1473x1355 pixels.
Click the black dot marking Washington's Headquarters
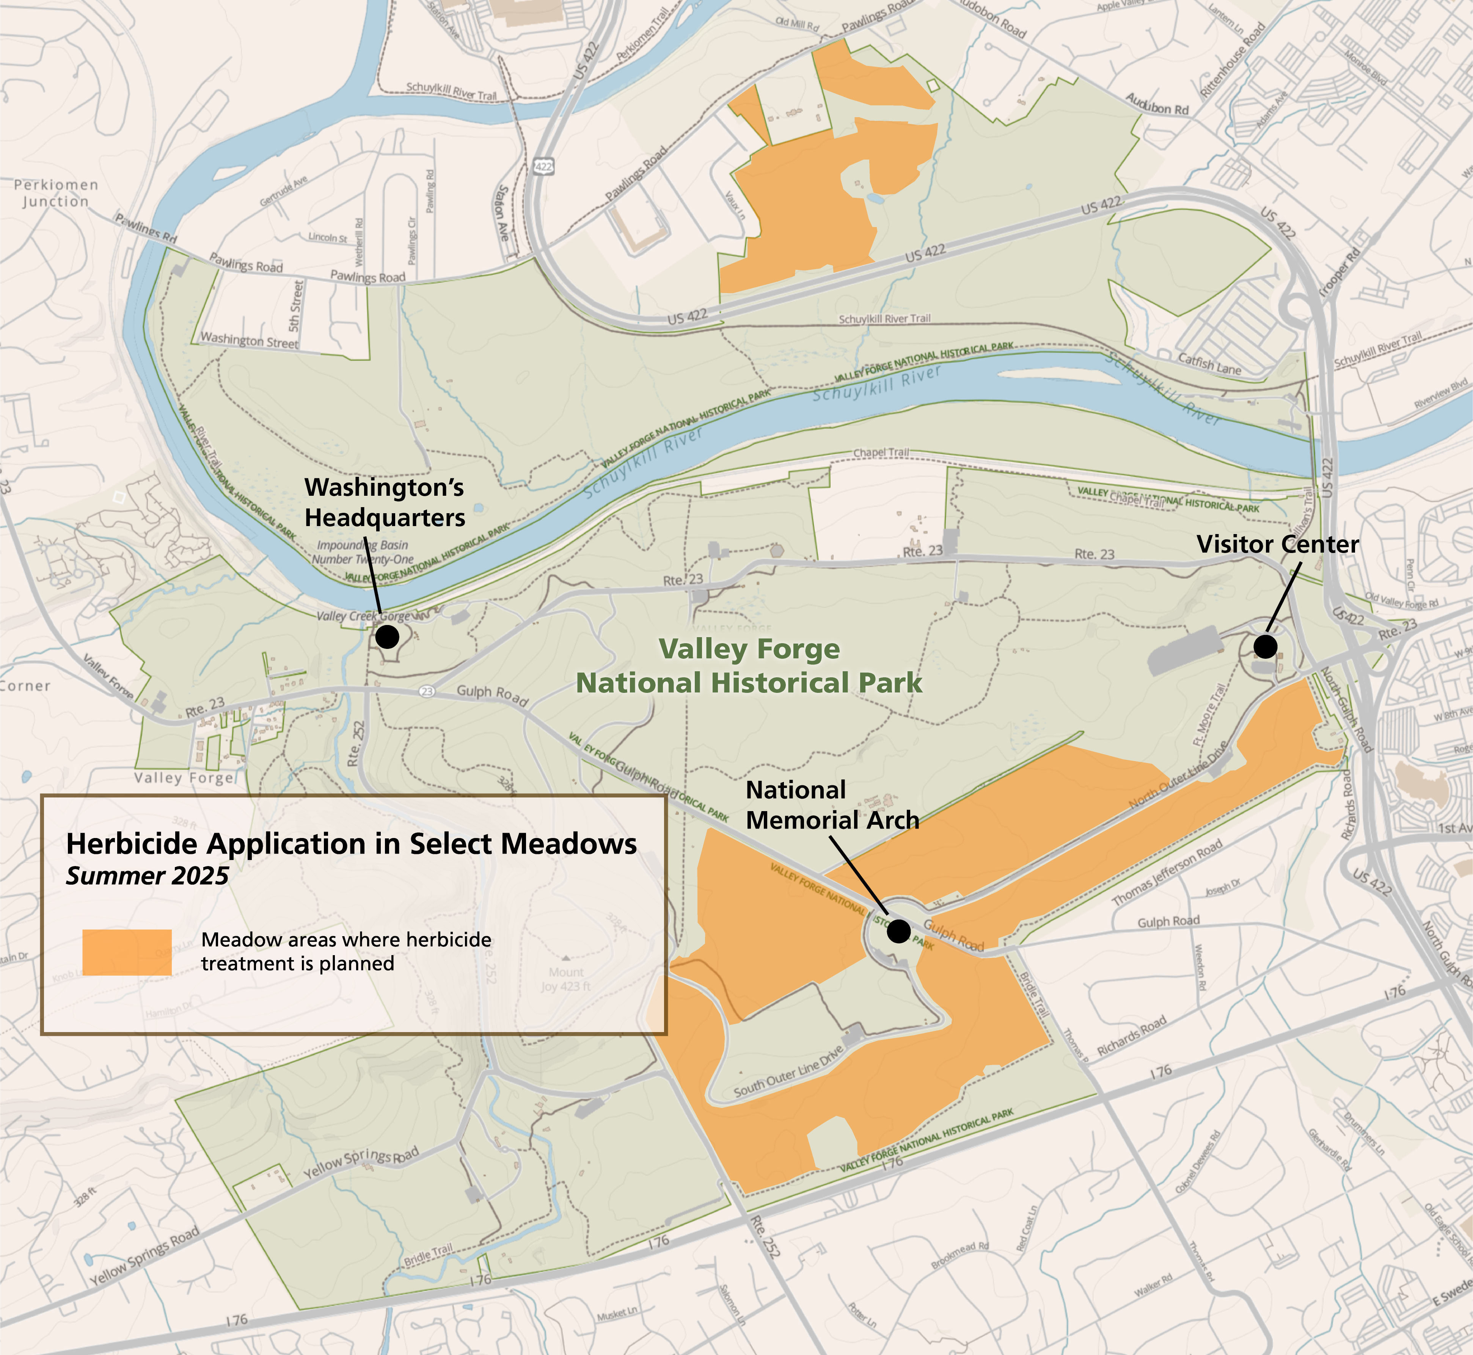pyautogui.click(x=387, y=636)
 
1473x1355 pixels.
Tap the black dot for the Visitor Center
pyautogui.click(x=1265, y=646)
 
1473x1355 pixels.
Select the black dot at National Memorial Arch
pyautogui.click(x=898, y=931)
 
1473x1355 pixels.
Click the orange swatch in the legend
pyautogui.click(x=127, y=952)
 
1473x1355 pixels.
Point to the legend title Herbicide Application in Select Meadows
pyautogui.click(x=352, y=844)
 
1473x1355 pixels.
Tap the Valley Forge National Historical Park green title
pyautogui.click(x=749, y=666)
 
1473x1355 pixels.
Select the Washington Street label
pyautogui.click(x=250, y=340)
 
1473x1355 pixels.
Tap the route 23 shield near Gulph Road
pyautogui.click(x=426, y=691)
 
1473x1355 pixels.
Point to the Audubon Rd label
pyautogui.click(x=1157, y=105)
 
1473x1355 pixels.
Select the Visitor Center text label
pyautogui.click(x=1278, y=544)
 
